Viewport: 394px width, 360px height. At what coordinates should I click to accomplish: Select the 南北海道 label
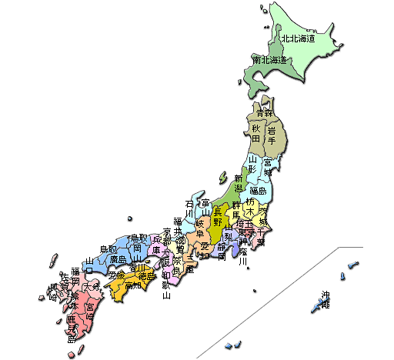pyautogui.click(x=269, y=60)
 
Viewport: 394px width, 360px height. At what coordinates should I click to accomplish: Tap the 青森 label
pyautogui.click(x=265, y=113)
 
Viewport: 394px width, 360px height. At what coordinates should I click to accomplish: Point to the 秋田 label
pyautogui.click(x=256, y=135)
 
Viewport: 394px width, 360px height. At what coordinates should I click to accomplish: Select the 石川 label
pyautogui.click(x=189, y=209)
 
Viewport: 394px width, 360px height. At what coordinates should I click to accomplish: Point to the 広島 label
pyautogui.click(x=118, y=260)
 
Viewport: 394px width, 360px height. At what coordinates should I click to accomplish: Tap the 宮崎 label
pyautogui.click(x=90, y=312)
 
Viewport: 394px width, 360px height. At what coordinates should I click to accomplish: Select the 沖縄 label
pyautogui.click(x=326, y=300)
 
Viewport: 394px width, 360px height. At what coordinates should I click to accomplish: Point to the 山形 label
pyautogui.click(x=252, y=165)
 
